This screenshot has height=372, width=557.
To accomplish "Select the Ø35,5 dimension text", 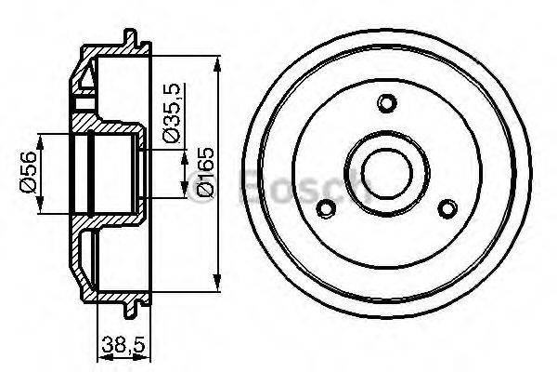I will tap(169, 113).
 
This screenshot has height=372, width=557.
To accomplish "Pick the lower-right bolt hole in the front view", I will tap(448, 207).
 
